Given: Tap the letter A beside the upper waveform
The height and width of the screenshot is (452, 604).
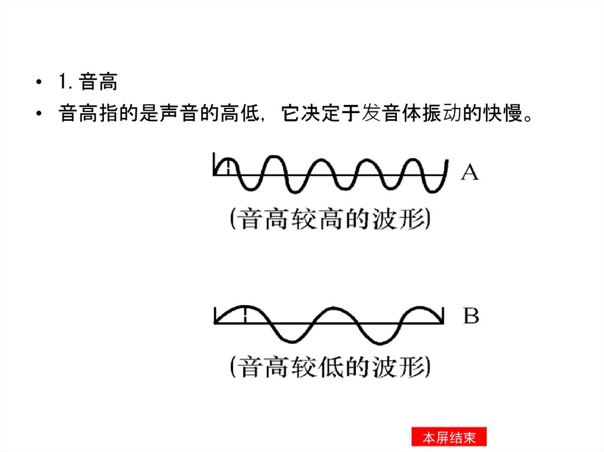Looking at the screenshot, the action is coord(470,173).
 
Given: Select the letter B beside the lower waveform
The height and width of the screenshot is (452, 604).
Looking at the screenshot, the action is coord(470,316).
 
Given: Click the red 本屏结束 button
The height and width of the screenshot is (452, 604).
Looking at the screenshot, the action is coord(448,438).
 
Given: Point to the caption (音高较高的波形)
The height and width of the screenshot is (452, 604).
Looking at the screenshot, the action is coord(330,220).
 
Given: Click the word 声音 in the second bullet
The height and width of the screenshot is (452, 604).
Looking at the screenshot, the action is coord(180,114).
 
